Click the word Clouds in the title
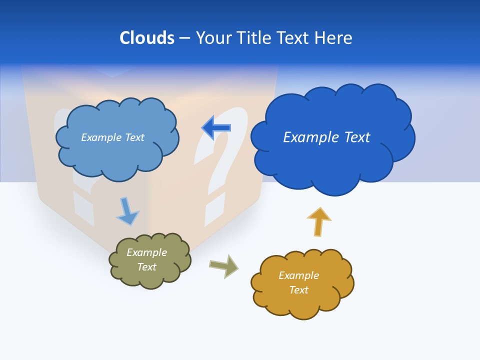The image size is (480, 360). coord(147,38)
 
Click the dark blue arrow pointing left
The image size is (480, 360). coord(216,128)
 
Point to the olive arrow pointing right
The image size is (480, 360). coord(223,265)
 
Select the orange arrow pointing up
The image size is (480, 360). coord(319,221)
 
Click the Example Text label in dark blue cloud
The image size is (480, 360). coord(326,137)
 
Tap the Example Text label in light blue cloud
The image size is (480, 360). coord(112,137)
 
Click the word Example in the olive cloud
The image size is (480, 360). coord(146,252)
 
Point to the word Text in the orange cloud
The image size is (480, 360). coord(298,290)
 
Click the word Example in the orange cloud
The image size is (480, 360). coord(298,275)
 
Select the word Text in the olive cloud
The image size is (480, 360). coord(146,267)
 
